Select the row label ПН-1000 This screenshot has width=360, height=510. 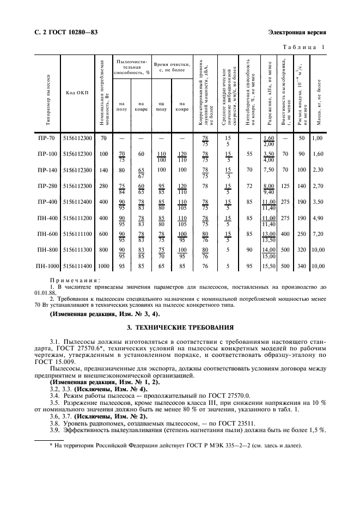(x=48, y=266)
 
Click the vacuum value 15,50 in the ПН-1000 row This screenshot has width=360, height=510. (x=267, y=266)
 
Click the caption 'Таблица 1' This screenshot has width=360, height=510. (x=303, y=47)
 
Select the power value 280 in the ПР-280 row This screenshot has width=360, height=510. (x=103, y=186)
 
